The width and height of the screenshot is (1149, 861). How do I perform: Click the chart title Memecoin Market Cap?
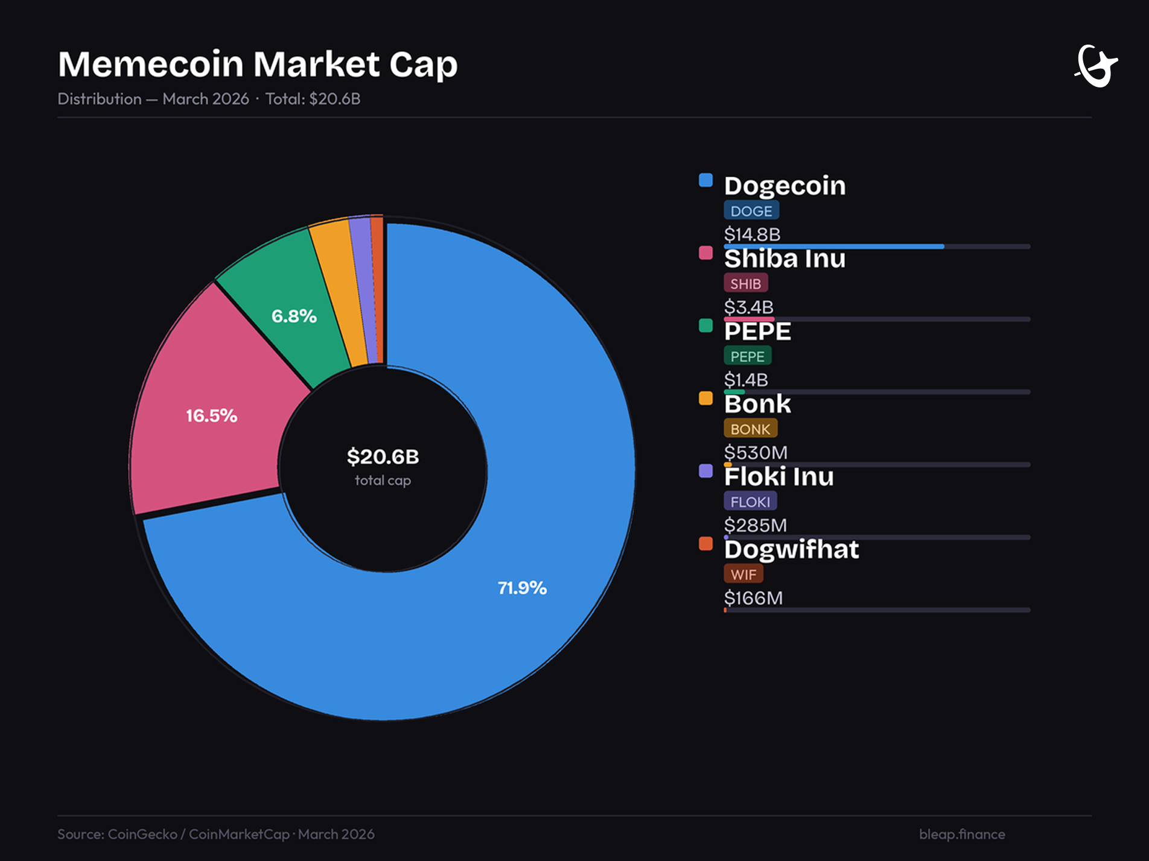(258, 64)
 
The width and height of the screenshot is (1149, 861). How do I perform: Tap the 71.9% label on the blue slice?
(522, 588)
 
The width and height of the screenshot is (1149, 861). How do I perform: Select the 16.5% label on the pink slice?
(211, 415)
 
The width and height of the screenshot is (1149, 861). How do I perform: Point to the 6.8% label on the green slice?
(294, 316)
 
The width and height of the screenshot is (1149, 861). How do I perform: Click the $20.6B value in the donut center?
(383, 456)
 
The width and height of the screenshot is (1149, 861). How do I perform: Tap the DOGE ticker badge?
(751, 211)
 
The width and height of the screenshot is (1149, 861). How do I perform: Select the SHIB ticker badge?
(745, 283)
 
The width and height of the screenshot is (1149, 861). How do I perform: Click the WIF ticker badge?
(743, 575)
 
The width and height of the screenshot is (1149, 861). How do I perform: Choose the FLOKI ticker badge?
(750, 502)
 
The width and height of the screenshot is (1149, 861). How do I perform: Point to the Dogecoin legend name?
(785, 186)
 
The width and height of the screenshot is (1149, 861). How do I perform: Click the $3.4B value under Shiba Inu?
(748, 307)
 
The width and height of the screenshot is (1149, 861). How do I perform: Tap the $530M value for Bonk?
(756, 452)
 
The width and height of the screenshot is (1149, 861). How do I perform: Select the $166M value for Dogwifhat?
(753, 598)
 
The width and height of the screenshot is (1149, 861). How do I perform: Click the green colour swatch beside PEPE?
(705, 326)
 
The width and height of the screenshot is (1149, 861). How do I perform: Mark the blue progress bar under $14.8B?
(833, 247)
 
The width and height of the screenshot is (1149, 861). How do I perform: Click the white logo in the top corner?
(1096, 66)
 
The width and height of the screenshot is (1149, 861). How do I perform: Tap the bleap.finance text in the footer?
(962, 834)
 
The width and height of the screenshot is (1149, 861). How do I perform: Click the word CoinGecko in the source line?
(142, 834)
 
